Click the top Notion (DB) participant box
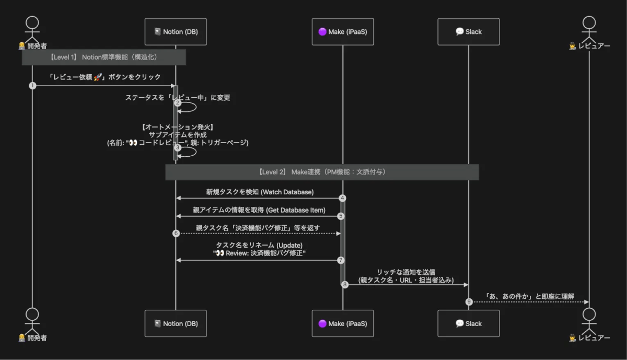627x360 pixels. (176, 32)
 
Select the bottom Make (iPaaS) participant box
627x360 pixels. (343, 323)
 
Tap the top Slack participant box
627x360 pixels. (468, 32)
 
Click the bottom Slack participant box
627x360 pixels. (468, 323)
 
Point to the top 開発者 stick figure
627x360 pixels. (32, 29)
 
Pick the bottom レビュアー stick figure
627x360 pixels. (589, 320)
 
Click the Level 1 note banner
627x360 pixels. (104, 57)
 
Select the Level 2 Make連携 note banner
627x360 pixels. (322, 172)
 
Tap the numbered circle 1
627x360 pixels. (32, 86)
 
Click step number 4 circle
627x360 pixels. (342, 198)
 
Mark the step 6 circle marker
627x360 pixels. (176, 234)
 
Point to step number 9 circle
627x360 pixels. (469, 301)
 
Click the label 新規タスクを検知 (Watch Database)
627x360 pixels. (260, 192)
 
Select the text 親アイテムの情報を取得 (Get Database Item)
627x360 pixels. (259, 210)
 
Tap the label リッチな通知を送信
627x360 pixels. (406, 272)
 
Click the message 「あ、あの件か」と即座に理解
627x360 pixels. (529, 296)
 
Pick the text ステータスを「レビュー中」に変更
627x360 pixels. (178, 98)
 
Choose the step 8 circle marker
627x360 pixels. (345, 284)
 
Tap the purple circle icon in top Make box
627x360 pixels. (322, 32)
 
